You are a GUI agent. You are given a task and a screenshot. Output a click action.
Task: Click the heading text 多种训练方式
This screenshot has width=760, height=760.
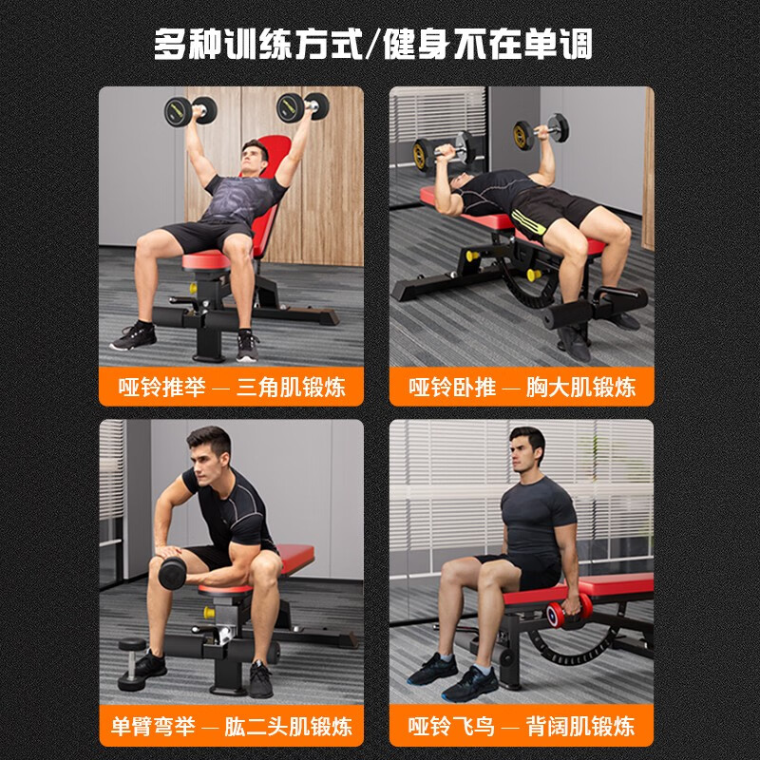258,44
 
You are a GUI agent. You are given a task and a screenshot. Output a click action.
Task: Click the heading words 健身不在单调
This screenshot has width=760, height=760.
488,44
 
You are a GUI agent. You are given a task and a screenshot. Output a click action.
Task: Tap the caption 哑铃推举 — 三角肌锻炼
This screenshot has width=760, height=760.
232,387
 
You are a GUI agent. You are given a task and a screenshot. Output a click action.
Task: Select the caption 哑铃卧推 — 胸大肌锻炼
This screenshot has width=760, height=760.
522,387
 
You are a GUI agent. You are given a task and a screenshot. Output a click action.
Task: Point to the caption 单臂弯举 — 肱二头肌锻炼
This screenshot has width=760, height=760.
232,726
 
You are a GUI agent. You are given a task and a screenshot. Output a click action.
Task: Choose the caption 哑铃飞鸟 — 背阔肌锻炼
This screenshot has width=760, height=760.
522,726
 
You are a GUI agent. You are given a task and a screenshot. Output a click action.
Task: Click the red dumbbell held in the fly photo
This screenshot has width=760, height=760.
569,612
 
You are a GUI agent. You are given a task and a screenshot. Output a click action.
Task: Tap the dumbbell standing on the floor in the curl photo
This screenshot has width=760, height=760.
132,663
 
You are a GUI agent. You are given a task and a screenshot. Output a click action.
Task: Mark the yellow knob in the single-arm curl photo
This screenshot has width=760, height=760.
209,612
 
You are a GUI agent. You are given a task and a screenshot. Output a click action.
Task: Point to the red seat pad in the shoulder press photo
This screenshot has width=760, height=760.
206,260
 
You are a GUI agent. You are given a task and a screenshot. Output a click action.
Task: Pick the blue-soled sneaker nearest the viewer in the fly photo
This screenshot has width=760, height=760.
469,684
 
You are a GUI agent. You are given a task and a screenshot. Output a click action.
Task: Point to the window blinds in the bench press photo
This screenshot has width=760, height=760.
439,116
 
